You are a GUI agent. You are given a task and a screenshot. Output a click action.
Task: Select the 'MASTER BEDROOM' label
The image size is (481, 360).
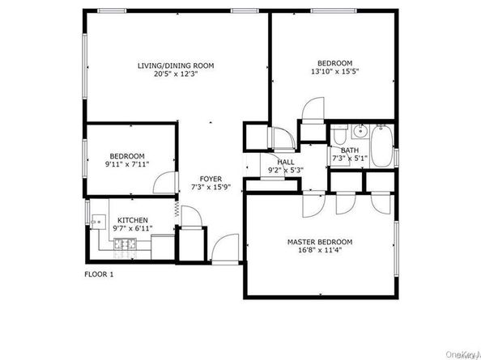pos(320,242)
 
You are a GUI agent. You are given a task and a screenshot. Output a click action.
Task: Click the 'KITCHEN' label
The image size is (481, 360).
pos(132,220)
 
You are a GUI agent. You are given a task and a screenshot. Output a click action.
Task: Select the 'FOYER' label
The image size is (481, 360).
pos(211,180)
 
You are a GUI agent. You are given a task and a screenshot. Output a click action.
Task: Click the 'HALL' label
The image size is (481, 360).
pos(285,162)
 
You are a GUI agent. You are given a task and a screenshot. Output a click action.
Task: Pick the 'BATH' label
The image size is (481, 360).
pos(349,150)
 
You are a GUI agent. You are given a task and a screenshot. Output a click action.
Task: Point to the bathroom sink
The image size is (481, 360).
pos(359,129)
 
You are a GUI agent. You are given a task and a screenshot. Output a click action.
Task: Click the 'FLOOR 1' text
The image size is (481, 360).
pos(99,274)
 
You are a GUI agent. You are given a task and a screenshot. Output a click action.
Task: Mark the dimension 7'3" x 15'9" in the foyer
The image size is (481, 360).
pos(211,188)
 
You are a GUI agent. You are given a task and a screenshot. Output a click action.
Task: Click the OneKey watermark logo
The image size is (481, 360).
pos(464,351)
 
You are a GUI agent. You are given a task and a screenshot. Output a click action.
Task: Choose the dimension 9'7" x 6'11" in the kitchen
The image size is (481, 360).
pos(132,230)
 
